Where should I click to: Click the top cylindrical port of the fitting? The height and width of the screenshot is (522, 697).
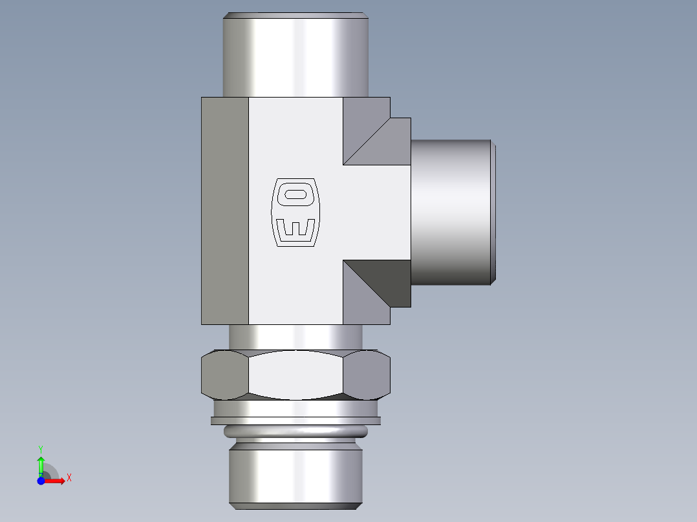point(295,55)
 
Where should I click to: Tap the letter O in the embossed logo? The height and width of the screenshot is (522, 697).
point(295,194)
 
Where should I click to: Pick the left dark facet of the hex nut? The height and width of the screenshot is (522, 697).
point(224,375)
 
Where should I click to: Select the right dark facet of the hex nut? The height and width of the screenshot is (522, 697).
point(367,375)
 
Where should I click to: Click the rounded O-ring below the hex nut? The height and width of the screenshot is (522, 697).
point(295,431)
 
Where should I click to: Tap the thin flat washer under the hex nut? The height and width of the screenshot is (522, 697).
point(295,421)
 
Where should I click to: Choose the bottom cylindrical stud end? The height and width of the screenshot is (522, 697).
point(295,475)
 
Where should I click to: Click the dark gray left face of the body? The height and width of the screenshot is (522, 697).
point(224,211)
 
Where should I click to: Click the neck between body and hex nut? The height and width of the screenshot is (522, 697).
point(295,337)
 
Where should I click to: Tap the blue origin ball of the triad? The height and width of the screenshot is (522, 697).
point(41,481)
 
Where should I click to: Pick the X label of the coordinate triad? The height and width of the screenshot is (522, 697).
point(69,478)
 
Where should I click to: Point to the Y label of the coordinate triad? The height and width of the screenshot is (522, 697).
point(41,448)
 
